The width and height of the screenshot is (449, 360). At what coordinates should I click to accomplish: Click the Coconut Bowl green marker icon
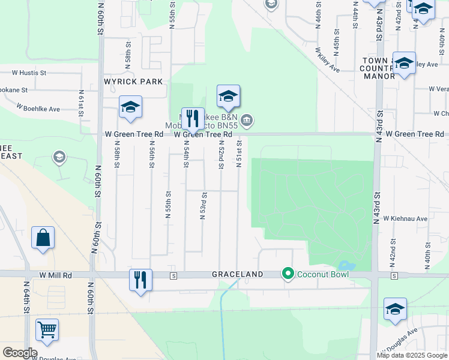point(288,274)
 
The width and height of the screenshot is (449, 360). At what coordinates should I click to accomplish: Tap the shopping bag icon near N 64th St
point(43,238)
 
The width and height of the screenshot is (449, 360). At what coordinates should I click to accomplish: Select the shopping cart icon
point(47,329)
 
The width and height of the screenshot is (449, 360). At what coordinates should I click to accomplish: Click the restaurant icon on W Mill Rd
point(140,280)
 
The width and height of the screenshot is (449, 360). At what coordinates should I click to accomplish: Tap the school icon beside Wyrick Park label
point(130,107)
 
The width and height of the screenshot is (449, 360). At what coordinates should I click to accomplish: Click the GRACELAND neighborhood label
point(237,274)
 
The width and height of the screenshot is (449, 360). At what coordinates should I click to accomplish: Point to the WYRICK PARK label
point(134,81)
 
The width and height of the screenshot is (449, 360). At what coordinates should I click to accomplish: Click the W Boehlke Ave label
point(38,108)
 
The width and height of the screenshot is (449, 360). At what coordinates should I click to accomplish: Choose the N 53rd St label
point(204,206)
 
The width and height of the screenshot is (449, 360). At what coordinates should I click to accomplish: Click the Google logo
point(20,353)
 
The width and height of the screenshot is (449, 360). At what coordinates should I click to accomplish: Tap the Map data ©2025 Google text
point(412,355)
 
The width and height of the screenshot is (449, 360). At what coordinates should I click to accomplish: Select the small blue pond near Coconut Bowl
point(346,265)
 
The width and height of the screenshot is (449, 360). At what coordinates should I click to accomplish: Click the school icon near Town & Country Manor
point(404,64)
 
